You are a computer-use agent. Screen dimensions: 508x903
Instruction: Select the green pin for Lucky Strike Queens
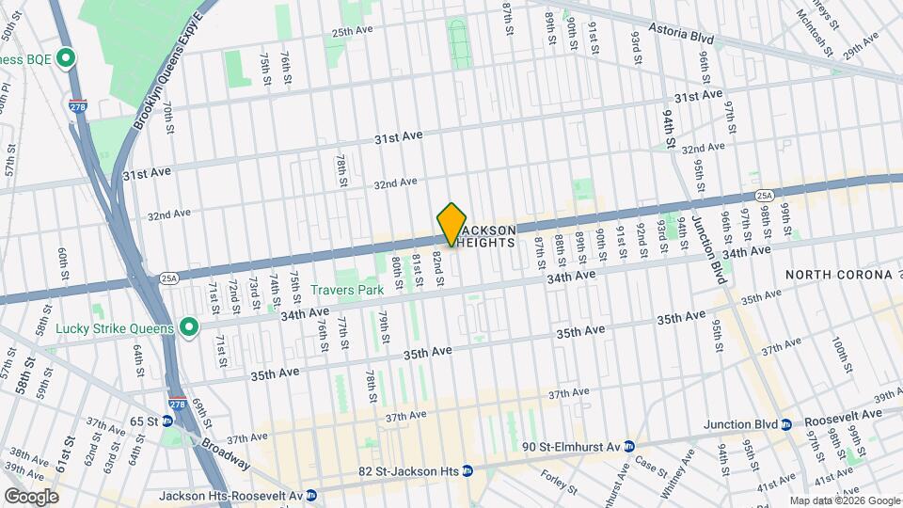[189, 328]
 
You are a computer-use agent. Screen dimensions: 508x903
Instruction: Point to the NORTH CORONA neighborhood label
[839, 275]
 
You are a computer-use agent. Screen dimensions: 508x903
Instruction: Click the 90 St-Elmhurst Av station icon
[631, 447]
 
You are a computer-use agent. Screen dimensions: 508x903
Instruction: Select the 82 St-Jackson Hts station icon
[467, 470]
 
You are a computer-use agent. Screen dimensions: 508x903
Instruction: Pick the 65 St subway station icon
[167, 421]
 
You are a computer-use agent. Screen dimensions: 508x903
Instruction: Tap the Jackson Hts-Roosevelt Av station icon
[311, 496]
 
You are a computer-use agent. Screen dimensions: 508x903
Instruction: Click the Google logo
[31, 496]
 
